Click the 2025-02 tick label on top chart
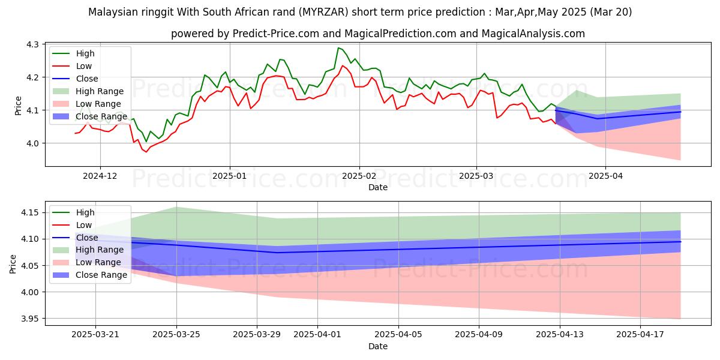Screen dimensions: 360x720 click(x=359, y=176)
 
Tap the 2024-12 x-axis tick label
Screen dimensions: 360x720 click(x=100, y=176)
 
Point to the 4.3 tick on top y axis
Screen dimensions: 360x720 click(x=32, y=44)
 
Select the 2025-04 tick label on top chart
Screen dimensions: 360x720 click(x=605, y=176)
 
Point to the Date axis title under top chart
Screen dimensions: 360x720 click(x=378, y=187)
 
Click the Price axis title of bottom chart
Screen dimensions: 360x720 click(x=13, y=263)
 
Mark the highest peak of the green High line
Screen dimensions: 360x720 click(x=338, y=47)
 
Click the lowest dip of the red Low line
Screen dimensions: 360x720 click(x=146, y=152)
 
